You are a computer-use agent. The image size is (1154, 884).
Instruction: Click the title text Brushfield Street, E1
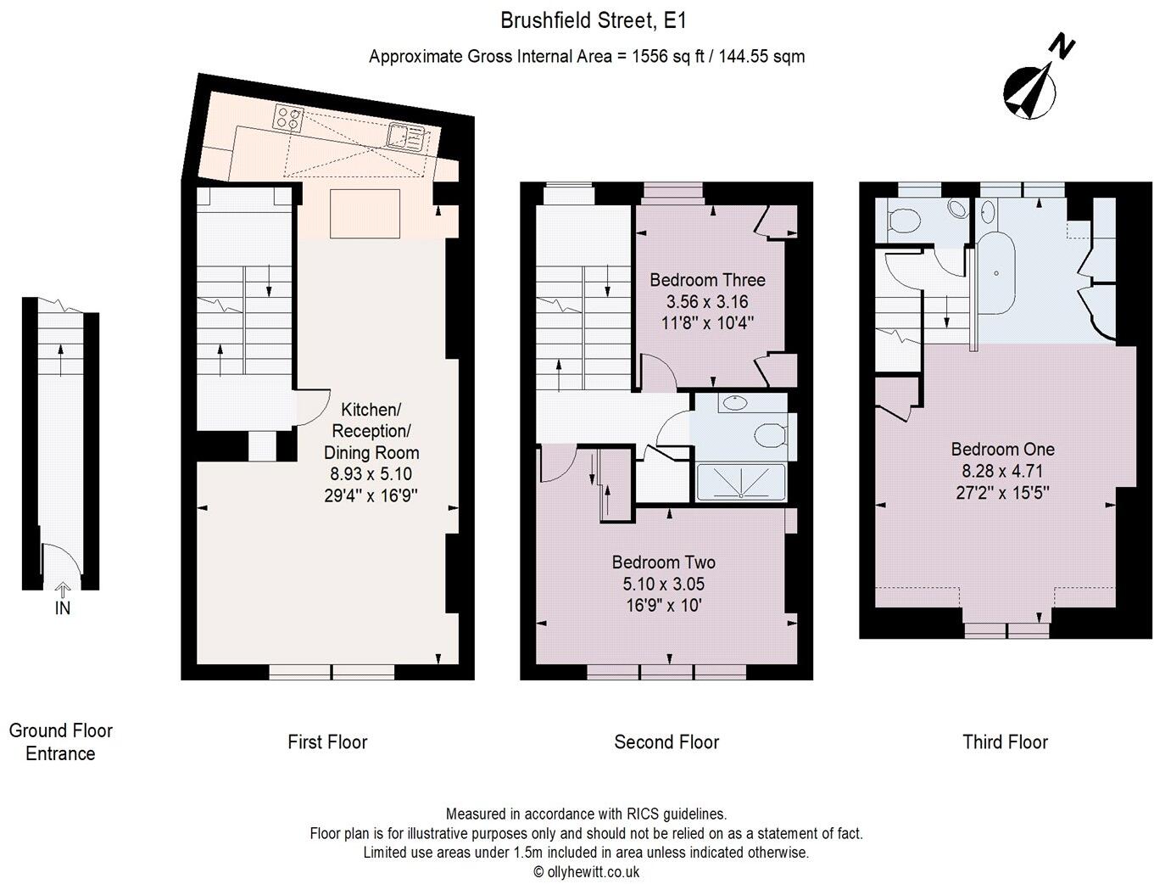point(587,20)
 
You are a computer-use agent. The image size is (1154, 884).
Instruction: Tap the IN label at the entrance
point(62,607)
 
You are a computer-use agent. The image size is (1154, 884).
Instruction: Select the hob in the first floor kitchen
point(288,117)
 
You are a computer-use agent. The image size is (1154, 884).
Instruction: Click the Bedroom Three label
point(707,280)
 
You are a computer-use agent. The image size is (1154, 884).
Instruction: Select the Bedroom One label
point(1002,449)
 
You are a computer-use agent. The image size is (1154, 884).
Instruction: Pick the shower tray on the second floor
point(741,481)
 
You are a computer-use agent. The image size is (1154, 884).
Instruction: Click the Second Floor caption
point(666,742)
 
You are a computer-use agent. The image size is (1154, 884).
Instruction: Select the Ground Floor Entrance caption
point(60,741)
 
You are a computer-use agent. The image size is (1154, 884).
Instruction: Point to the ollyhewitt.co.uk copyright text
point(586,871)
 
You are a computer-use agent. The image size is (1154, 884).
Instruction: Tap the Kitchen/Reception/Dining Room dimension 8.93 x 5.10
point(371,474)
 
